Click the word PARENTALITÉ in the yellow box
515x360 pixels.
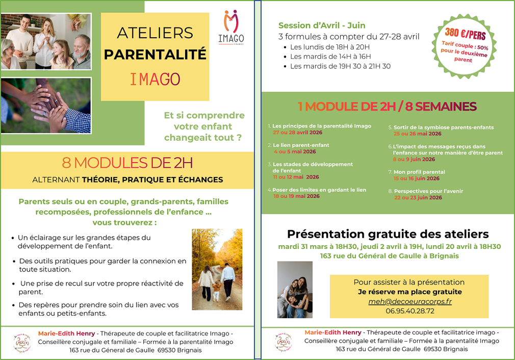pyautogui.click(x=155, y=54)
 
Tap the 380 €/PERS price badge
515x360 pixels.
pyautogui.click(x=465, y=46)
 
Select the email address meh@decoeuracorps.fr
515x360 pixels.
pyautogui.click(x=410, y=301)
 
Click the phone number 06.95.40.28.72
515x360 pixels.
pyautogui.click(x=410, y=311)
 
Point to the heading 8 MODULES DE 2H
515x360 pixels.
pyautogui.click(x=127, y=163)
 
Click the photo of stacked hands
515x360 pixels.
pyautogui.click(x=46, y=106)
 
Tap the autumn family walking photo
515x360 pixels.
pyautogui.click(x=217, y=269)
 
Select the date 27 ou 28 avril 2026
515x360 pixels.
pyautogui.click(x=296, y=132)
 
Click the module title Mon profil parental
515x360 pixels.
pyautogui.click(x=419, y=172)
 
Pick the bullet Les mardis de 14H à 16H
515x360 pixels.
pyautogui.click(x=330, y=57)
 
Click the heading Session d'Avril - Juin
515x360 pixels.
pyautogui.click(x=322, y=25)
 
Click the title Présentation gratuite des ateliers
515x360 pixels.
pyautogui.click(x=388, y=234)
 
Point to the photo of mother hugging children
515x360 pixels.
pyautogui.click(x=295, y=290)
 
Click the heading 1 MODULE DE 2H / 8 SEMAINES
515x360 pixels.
pyautogui.click(x=387, y=107)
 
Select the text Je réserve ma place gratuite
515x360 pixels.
pyautogui.click(x=410, y=292)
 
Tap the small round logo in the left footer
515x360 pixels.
pyautogui.click(x=23, y=343)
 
